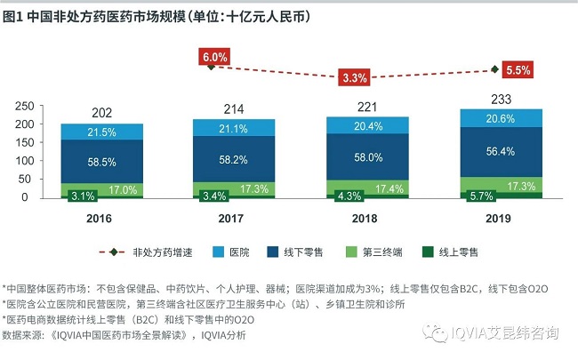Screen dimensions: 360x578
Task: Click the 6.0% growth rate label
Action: tap(214, 57)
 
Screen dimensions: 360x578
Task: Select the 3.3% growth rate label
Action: tap(354, 77)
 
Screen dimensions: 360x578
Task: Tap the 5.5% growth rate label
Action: tap(518, 69)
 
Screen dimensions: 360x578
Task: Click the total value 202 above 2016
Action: tap(102, 114)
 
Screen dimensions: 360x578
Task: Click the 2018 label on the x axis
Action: tap(366, 220)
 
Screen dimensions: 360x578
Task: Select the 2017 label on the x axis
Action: tap(234, 220)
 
